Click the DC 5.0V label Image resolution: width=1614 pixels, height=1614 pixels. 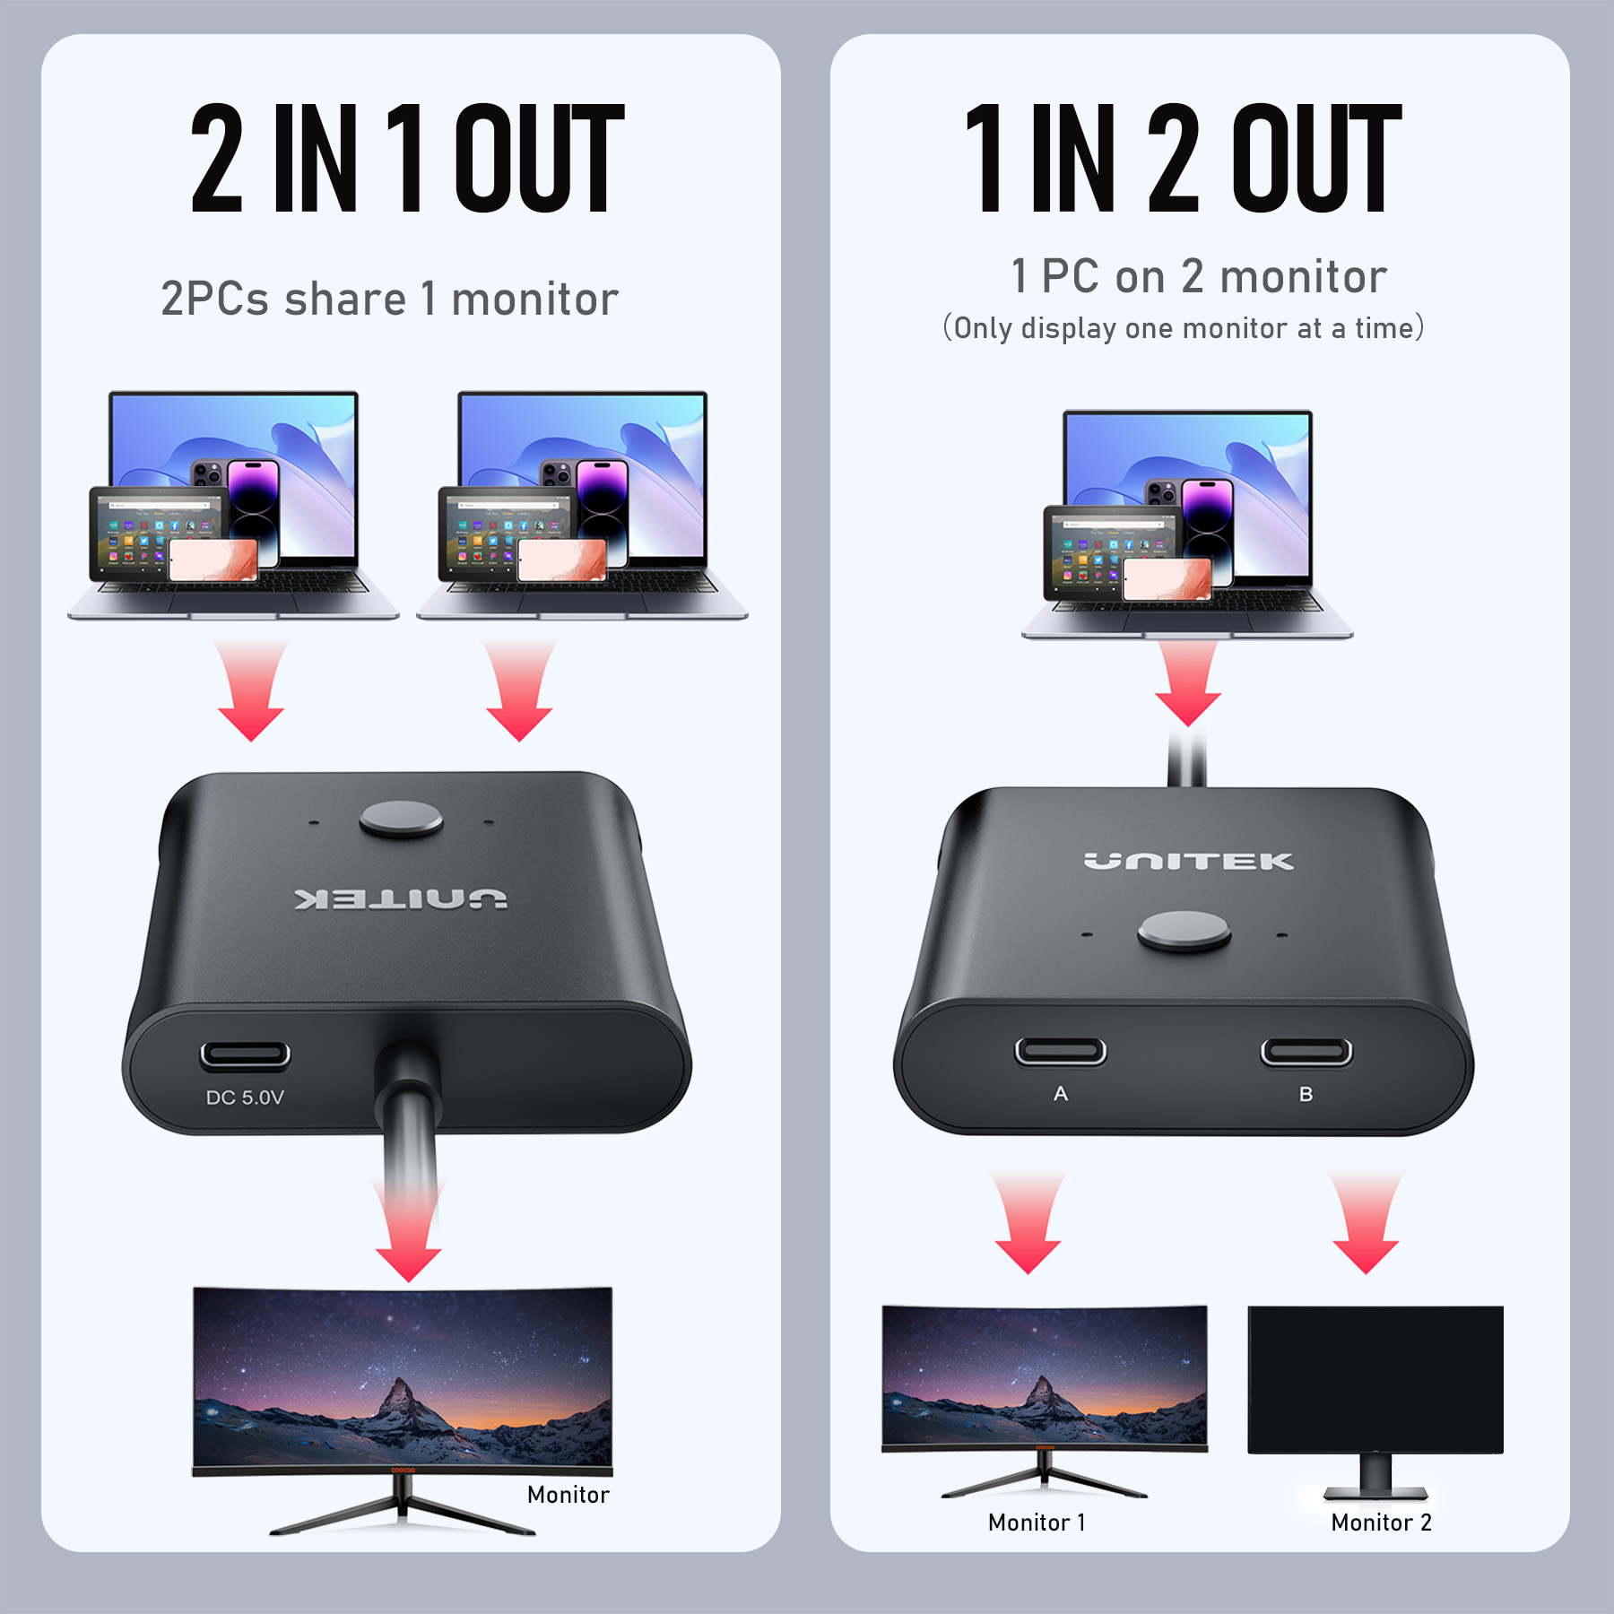point(245,1098)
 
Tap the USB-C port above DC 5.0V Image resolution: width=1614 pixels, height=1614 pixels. point(245,1054)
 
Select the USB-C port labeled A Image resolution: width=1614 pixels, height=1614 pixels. point(1061,1051)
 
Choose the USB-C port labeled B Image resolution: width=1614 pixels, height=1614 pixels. point(1306,1051)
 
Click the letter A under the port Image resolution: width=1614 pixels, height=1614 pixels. point(1061,1094)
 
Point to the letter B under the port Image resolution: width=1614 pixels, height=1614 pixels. point(1306,1094)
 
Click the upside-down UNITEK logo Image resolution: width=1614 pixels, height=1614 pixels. point(401,898)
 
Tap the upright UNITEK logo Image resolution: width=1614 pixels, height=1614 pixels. point(1189,862)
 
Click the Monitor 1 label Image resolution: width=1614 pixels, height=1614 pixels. point(1037,1523)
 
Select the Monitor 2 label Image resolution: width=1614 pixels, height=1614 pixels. point(1382,1523)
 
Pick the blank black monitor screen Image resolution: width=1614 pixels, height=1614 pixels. point(1375,1380)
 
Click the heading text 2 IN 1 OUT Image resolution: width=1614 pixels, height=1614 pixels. point(408,158)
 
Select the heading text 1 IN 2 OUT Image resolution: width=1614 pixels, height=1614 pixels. point(1184,158)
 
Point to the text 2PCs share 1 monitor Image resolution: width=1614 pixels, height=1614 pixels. point(390,299)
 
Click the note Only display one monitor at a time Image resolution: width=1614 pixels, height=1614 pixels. point(1184,328)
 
